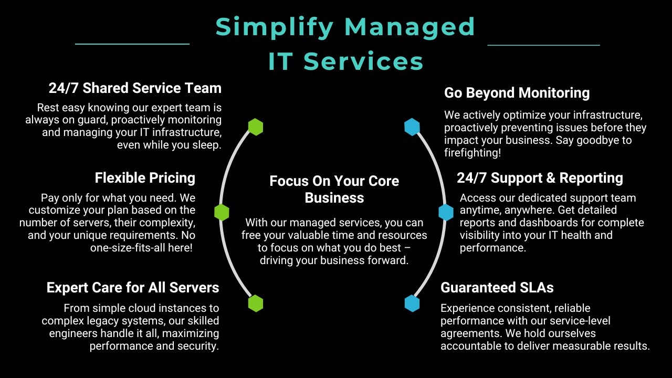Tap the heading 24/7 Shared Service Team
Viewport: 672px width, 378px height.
coord(135,88)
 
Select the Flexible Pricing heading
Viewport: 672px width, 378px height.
coord(145,178)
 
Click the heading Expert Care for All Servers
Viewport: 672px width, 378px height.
coord(133,287)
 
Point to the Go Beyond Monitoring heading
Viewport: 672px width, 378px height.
coord(517,93)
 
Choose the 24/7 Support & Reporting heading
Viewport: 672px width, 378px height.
coord(540,178)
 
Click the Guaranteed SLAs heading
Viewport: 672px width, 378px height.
coord(497,287)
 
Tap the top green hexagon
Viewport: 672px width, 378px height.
coord(256,127)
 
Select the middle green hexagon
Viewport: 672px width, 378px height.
coord(222,213)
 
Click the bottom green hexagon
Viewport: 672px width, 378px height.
coord(256,303)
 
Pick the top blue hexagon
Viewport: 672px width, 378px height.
coord(412,127)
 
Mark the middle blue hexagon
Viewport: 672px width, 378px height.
coord(446,213)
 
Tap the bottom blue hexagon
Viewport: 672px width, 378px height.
coord(412,303)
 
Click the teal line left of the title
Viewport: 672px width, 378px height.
coord(132,44)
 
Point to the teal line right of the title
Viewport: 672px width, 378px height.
coord(543,45)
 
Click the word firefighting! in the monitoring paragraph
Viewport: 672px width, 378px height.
coord(472,153)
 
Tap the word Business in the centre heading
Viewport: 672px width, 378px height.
coord(334,198)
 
